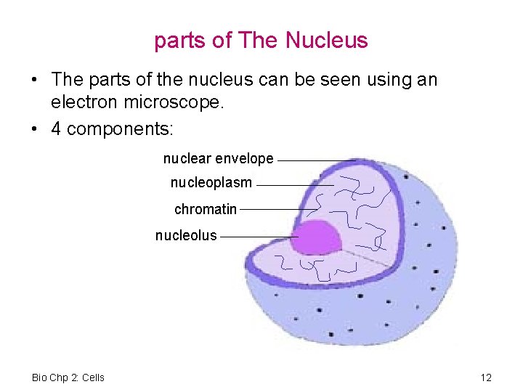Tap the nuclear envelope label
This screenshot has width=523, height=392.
tap(218, 158)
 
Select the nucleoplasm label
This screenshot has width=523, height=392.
tap(211, 183)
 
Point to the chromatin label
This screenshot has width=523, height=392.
tap(206, 209)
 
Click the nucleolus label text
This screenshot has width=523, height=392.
tap(186, 235)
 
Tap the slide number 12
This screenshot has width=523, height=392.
tap(486, 377)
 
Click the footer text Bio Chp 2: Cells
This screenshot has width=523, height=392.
tap(68, 377)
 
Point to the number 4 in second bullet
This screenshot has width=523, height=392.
tap(56, 129)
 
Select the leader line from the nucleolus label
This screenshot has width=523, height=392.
tap(258, 237)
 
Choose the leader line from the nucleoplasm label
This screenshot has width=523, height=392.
tap(294, 185)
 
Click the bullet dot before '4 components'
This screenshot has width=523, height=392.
tap(35, 129)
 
